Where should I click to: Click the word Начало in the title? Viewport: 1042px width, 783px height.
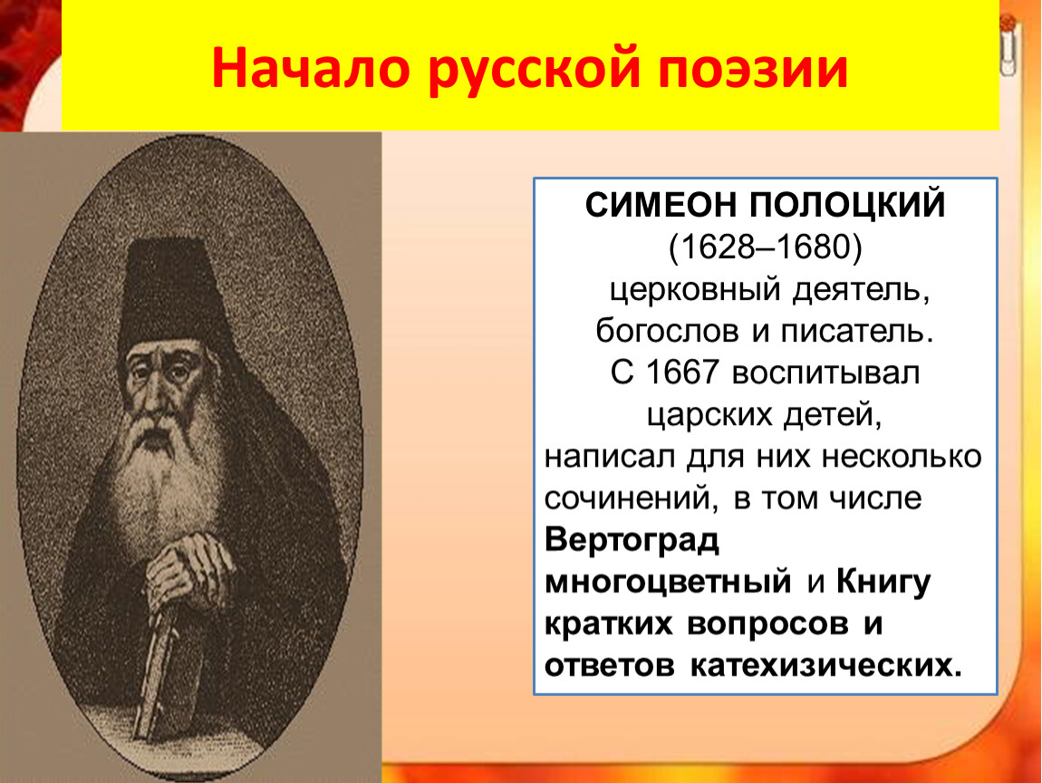pyautogui.click(x=311, y=67)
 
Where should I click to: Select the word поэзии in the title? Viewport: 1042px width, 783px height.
pyautogui.click(x=753, y=69)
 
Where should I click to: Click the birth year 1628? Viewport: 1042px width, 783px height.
pyautogui.click(x=715, y=246)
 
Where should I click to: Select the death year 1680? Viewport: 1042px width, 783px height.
pyautogui.click(x=813, y=246)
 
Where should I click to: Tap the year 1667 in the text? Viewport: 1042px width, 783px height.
pyautogui.click(x=681, y=372)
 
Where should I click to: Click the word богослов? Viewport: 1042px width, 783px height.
pyautogui.click(x=667, y=331)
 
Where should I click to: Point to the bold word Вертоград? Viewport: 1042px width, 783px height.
pyautogui.click(x=632, y=540)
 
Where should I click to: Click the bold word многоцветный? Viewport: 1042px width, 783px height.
pyautogui.click(x=668, y=582)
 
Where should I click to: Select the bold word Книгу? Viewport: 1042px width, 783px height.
pyautogui.click(x=883, y=582)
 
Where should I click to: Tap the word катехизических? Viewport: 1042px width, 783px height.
pyautogui.click(x=825, y=665)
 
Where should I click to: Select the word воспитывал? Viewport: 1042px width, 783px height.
pyautogui.click(x=825, y=373)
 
